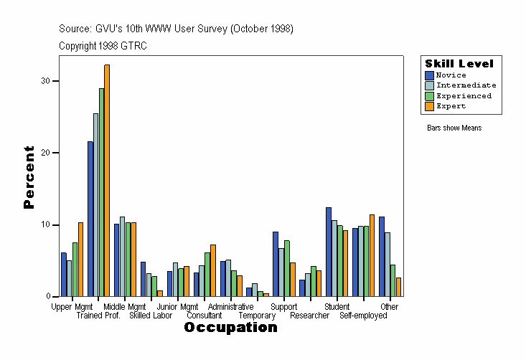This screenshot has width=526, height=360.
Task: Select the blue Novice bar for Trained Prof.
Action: click(x=90, y=219)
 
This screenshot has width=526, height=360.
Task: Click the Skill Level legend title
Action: click(x=459, y=64)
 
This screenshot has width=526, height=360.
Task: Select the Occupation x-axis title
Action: click(x=230, y=328)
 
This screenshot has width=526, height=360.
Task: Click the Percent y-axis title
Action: click(x=29, y=177)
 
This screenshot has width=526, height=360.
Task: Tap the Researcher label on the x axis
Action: click(x=310, y=316)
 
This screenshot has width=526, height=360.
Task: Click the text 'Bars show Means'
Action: click(x=454, y=128)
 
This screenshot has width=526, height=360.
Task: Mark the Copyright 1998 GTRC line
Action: click(x=103, y=46)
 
